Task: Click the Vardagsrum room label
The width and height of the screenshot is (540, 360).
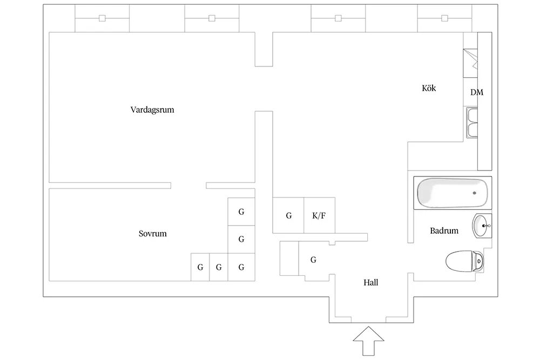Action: (152, 110)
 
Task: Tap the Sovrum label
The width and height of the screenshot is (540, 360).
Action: (153, 234)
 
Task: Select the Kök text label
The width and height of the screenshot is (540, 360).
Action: (429, 88)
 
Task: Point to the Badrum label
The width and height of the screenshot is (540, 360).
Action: (444, 230)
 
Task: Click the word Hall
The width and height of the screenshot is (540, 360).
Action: (370, 283)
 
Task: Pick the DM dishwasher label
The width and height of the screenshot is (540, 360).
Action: (477, 92)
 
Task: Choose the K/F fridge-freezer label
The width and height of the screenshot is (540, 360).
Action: (319, 216)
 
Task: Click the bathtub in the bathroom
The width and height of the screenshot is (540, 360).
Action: (453, 193)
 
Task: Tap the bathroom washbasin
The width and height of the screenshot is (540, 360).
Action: (482, 226)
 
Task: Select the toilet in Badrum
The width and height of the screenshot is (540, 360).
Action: (464, 261)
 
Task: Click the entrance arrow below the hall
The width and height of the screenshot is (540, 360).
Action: (368, 341)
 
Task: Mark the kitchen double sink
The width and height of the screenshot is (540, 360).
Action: (472, 123)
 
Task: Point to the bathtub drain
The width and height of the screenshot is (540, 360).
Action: (474, 193)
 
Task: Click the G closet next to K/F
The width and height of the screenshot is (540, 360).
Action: (288, 215)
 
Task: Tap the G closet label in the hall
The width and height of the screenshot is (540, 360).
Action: (313, 260)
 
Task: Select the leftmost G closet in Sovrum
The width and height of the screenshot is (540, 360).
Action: (200, 267)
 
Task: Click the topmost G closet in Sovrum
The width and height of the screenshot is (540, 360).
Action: (241, 212)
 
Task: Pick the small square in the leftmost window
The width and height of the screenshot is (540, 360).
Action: (102, 18)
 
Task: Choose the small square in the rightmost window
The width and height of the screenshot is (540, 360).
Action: (444, 18)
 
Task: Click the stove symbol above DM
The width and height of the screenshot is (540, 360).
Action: (470, 63)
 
